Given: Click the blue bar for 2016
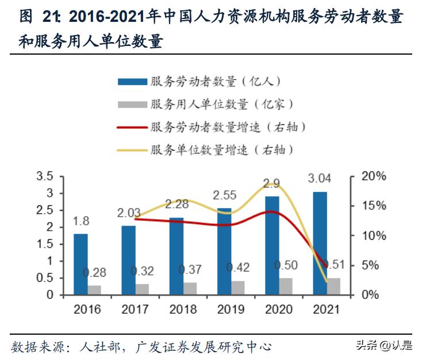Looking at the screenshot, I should tap(80, 264).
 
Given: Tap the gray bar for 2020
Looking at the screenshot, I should tap(285, 286).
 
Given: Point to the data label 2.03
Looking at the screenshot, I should tap(129, 213).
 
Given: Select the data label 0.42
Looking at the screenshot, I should tap(237, 268).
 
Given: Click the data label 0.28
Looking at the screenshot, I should tap(94, 272).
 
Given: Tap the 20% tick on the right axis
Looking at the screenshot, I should tap(374, 176).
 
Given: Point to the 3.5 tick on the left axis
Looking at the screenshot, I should tap(44, 176).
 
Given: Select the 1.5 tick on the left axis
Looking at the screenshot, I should tap(44, 244).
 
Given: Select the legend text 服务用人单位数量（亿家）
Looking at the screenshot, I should tap(222, 104).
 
